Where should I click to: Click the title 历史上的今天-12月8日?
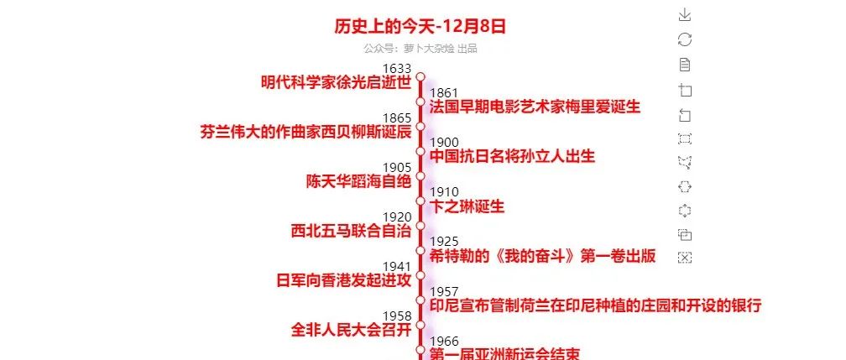[x=420, y=26]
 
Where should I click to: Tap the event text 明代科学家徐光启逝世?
[x=336, y=82]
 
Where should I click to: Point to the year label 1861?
[x=443, y=93]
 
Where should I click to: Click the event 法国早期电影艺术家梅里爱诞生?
[x=535, y=107]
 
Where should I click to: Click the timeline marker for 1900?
[x=420, y=151]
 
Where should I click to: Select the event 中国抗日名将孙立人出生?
[x=512, y=157]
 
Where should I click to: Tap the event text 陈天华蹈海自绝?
[x=358, y=181]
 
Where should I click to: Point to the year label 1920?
[x=396, y=217]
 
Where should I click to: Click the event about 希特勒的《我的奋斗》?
[x=542, y=256]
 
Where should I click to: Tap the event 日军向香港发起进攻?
[x=343, y=280]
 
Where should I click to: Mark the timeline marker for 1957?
[x=420, y=300]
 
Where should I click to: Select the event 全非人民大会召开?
[x=351, y=330]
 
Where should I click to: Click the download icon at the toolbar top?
[x=685, y=14]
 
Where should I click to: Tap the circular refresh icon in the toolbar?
[x=685, y=39]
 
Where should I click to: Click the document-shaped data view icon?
[x=685, y=65]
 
